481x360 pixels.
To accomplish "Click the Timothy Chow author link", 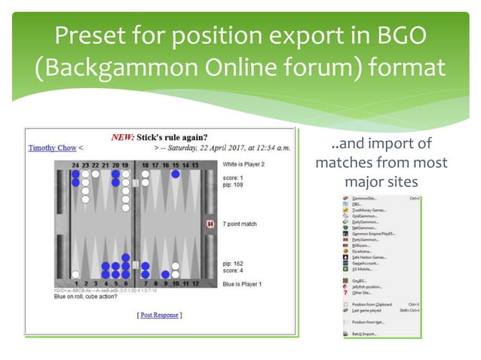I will pos(52,148).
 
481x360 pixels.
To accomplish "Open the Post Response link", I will pos(158,315).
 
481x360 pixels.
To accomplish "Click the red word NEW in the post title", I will pos(123,137).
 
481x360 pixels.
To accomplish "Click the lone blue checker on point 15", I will pos(176,174).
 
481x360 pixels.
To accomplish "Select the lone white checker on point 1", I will pos(75,274).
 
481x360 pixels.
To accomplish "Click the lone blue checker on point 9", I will pos(165,275).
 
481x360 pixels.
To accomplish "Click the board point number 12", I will pos(195,284).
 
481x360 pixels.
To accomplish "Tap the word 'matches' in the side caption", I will pos(345,163).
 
